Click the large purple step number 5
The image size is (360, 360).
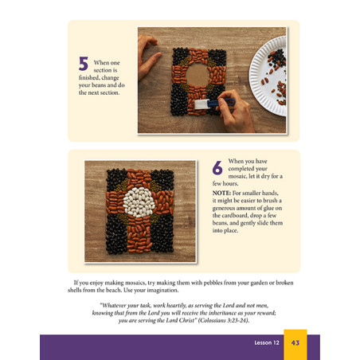83,65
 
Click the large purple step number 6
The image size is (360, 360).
217,168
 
